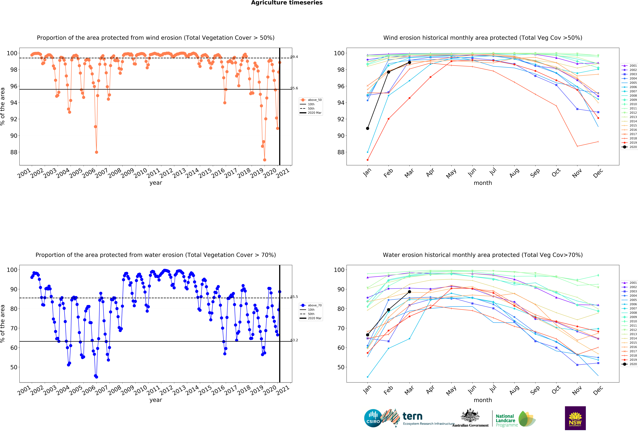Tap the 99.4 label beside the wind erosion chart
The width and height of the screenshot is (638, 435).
[x=294, y=57]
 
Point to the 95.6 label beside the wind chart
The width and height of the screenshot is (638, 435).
[x=294, y=88]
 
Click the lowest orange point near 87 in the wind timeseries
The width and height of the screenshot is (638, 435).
[x=264, y=160]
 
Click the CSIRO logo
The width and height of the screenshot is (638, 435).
[x=373, y=418]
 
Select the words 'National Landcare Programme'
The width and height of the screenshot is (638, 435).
[x=506, y=420]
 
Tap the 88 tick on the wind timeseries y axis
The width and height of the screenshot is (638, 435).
[x=14, y=152]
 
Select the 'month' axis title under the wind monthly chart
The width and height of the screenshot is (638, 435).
[x=483, y=183]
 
